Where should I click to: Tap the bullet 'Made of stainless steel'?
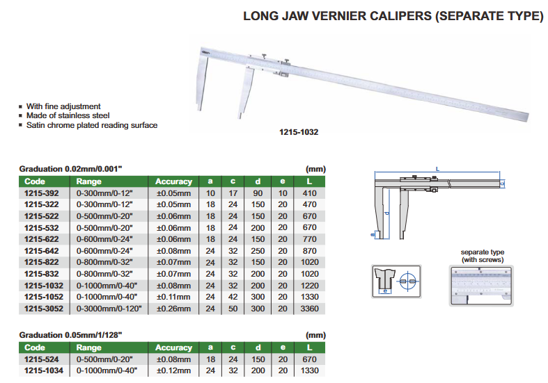[68, 115]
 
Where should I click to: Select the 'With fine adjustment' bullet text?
[63, 106]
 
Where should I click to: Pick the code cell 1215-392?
[40, 193]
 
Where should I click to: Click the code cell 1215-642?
[40, 250]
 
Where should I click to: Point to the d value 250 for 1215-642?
[258, 250]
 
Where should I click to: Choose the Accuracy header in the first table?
[173, 181]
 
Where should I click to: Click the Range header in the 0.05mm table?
[88, 347]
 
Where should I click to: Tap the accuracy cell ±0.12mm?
[173, 370]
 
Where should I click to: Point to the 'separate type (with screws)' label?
[483, 256]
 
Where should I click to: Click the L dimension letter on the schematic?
[437, 169]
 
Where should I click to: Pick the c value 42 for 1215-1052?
[233, 295]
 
